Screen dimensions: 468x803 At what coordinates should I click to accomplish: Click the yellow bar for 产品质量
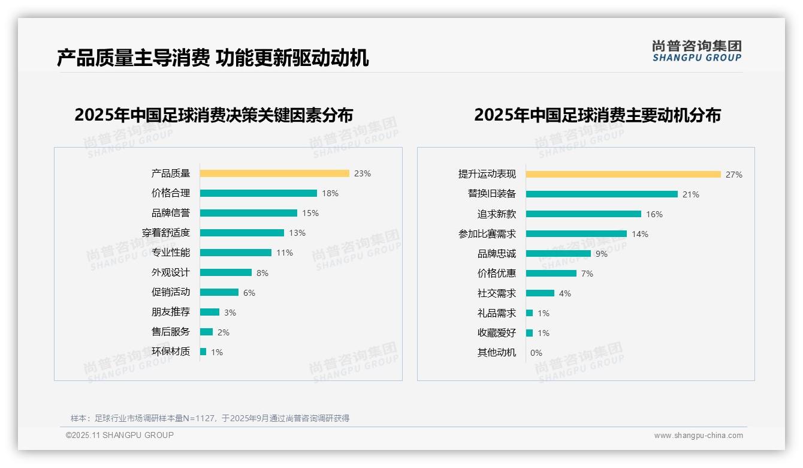pos(274,173)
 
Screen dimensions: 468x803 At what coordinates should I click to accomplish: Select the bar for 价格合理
pos(258,193)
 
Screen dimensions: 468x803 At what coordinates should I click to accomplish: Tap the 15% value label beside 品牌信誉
pos(310,213)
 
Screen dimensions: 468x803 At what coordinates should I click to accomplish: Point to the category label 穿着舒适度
pos(166,233)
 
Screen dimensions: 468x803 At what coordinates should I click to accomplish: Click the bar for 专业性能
pos(236,253)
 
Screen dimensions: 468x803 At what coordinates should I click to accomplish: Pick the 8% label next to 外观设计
pos(262,273)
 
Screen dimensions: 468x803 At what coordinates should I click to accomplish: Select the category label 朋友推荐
pos(171,312)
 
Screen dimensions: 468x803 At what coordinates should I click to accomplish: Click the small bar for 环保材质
pos(203,352)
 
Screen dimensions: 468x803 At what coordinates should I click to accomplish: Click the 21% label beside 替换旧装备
pos(691,194)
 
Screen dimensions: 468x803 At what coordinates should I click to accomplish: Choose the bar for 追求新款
pos(584,214)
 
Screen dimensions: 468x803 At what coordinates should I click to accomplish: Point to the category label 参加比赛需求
pos(487,234)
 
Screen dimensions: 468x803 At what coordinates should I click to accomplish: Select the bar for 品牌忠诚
pos(559,254)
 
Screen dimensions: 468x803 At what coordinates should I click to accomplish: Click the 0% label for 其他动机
pos(536,353)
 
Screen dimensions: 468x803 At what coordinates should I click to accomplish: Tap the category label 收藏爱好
pos(497,333)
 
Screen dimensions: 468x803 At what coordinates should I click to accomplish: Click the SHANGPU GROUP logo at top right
pos(697,51)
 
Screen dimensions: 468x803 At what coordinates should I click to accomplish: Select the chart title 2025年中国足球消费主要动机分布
pos(597,115)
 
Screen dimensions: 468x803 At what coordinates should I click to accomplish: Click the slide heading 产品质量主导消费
pos(134,58)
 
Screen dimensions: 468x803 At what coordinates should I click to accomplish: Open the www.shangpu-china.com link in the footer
pos(698,436)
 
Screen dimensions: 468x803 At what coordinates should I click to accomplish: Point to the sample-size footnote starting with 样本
pos(210,418)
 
